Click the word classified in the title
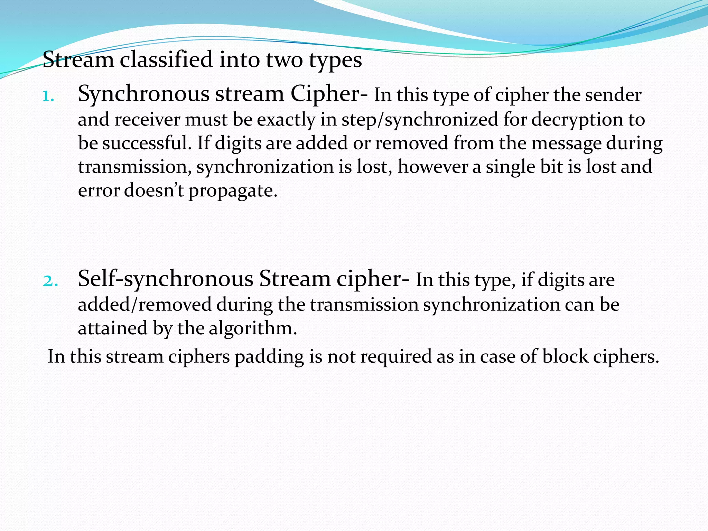166,59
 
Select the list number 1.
48,96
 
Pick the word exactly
286,120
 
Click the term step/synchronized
420,120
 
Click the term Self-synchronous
166,279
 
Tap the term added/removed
145,305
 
